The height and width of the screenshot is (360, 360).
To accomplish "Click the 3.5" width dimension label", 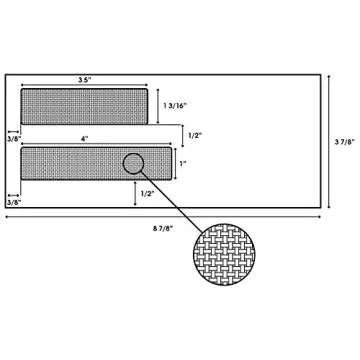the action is (x=84, y=80).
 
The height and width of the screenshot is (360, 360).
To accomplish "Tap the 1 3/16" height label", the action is (x=176, y=105).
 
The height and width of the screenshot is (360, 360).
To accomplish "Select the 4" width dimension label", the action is (x=85, y=139).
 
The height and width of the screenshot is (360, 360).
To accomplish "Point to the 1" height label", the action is (x=183, y=163).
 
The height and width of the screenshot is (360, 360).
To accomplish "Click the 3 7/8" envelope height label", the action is (x=345, y=141).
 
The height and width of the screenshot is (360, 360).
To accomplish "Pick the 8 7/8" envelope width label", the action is (x=163, y=228).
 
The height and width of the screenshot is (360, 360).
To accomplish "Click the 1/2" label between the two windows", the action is (x=195, y=135).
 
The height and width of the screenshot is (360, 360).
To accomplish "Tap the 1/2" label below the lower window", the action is (x=147, y=194).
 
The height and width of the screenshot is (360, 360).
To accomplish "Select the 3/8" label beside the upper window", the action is (x=14, y=139).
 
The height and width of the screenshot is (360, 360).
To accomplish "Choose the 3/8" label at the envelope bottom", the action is (x=14, y=202).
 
